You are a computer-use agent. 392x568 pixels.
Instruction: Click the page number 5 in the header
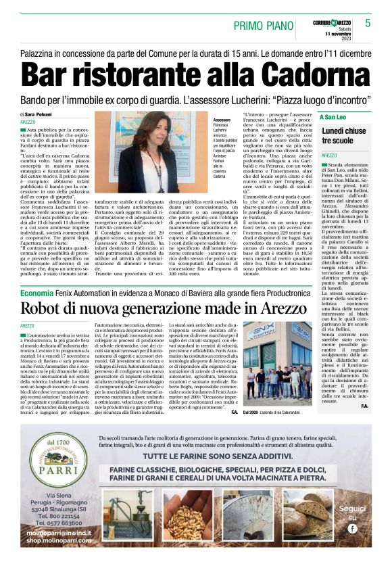coord(368,23)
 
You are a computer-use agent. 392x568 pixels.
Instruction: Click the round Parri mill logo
coord(56,467)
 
